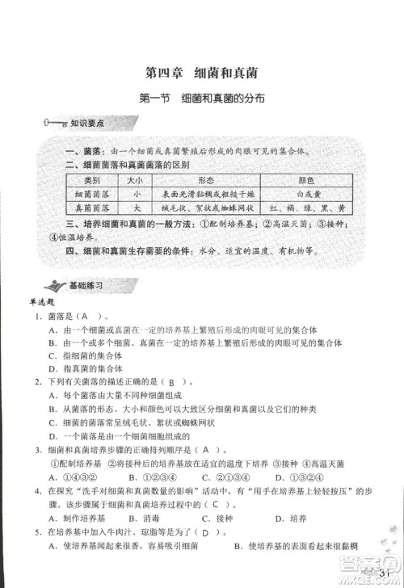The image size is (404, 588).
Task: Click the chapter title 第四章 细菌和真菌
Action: click(x=202, y=72)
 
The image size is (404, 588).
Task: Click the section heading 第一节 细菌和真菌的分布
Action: click(x=203, y=99)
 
